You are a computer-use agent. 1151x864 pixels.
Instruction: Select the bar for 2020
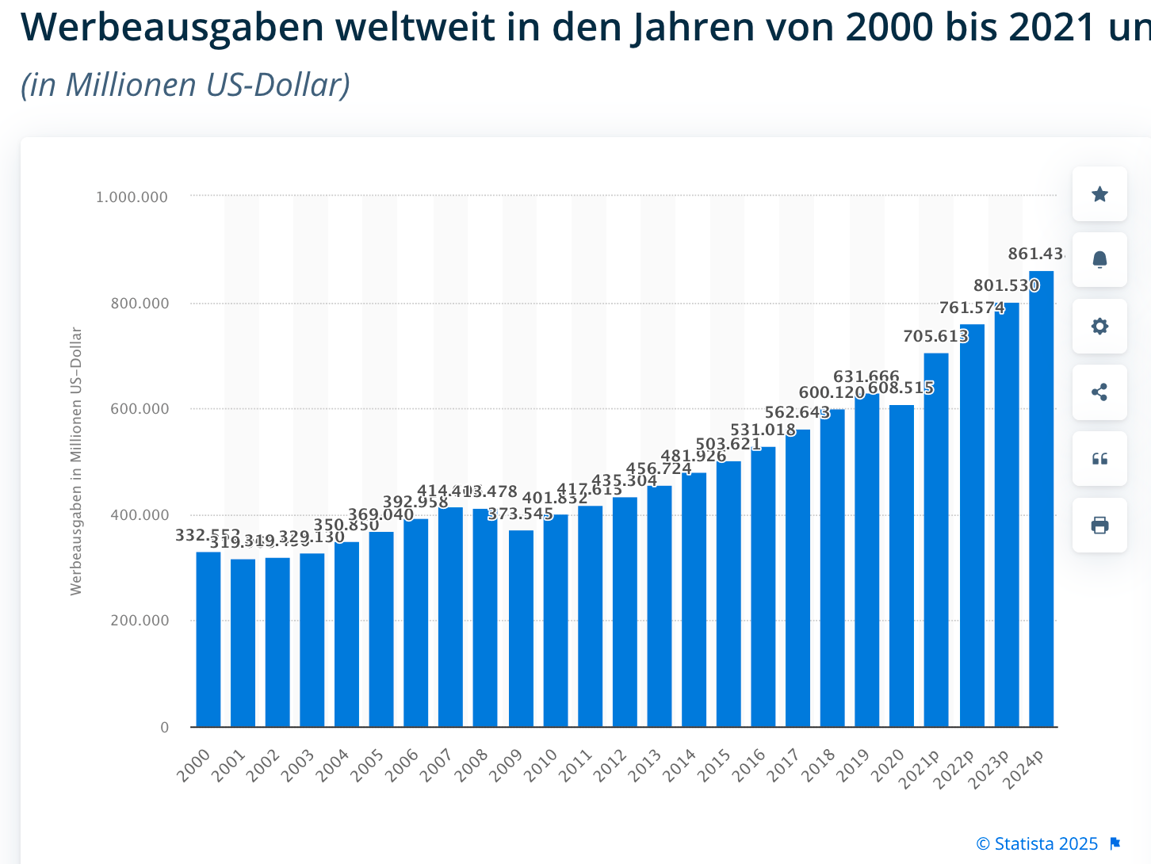pos(901,566)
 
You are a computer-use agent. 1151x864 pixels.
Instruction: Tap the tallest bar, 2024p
pos(1041,499)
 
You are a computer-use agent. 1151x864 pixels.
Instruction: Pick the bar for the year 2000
pos(208,639)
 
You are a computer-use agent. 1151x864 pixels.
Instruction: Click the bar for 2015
pos(728,594)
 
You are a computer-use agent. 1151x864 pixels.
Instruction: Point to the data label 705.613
pos(935,336)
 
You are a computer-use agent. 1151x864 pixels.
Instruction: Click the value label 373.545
pos(520,514)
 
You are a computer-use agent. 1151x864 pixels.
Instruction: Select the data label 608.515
pos(901,388)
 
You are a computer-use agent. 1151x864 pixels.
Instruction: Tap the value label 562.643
pos(797,412)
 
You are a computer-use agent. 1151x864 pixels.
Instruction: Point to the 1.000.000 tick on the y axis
pos(132,197)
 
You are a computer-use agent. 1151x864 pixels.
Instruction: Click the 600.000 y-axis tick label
pos(140,409)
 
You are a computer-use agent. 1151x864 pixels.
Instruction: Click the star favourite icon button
pos(1099,194)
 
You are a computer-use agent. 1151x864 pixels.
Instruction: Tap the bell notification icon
pos(1099,260)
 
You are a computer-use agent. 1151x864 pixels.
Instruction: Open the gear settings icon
pos(1099,327)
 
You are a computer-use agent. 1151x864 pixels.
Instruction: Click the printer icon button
pos(1099,526)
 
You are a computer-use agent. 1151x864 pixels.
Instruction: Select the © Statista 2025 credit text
pos(1037,843)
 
